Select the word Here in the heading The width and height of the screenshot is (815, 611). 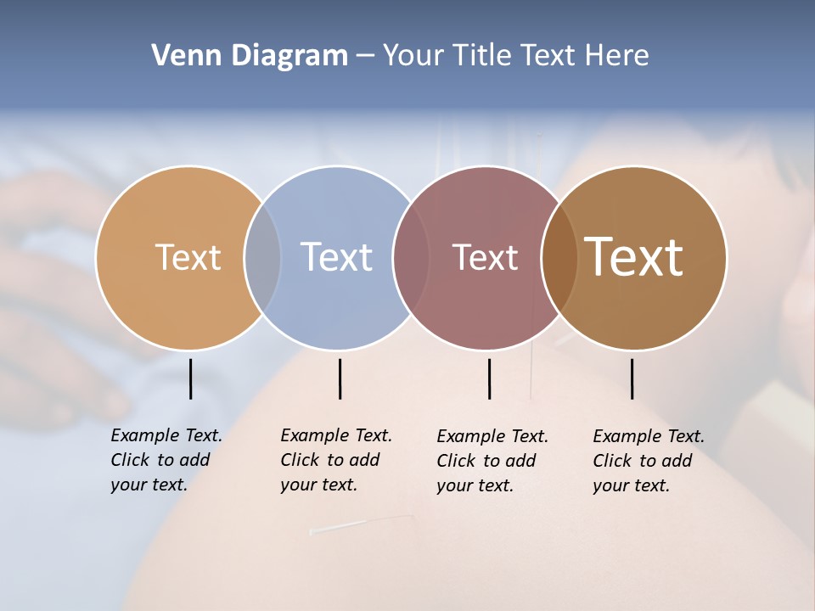pos(616,56)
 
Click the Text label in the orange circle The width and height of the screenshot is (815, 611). pos(188,257)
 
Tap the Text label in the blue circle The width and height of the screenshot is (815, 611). pos(336,257)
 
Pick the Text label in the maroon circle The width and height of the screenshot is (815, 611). pos(485,257)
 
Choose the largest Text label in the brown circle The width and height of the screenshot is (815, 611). pos(634,257)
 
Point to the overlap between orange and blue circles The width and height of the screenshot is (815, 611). pos(262,257)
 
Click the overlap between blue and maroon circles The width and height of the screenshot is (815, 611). pos(411,257)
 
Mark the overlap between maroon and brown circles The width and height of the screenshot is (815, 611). pos(559,257)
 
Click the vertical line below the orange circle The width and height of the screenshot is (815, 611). pos(190,378)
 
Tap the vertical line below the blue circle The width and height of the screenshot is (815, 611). pos(340,378)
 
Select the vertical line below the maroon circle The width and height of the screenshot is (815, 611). pos(489,378)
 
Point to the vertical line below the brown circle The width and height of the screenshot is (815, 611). pos(632,378)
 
